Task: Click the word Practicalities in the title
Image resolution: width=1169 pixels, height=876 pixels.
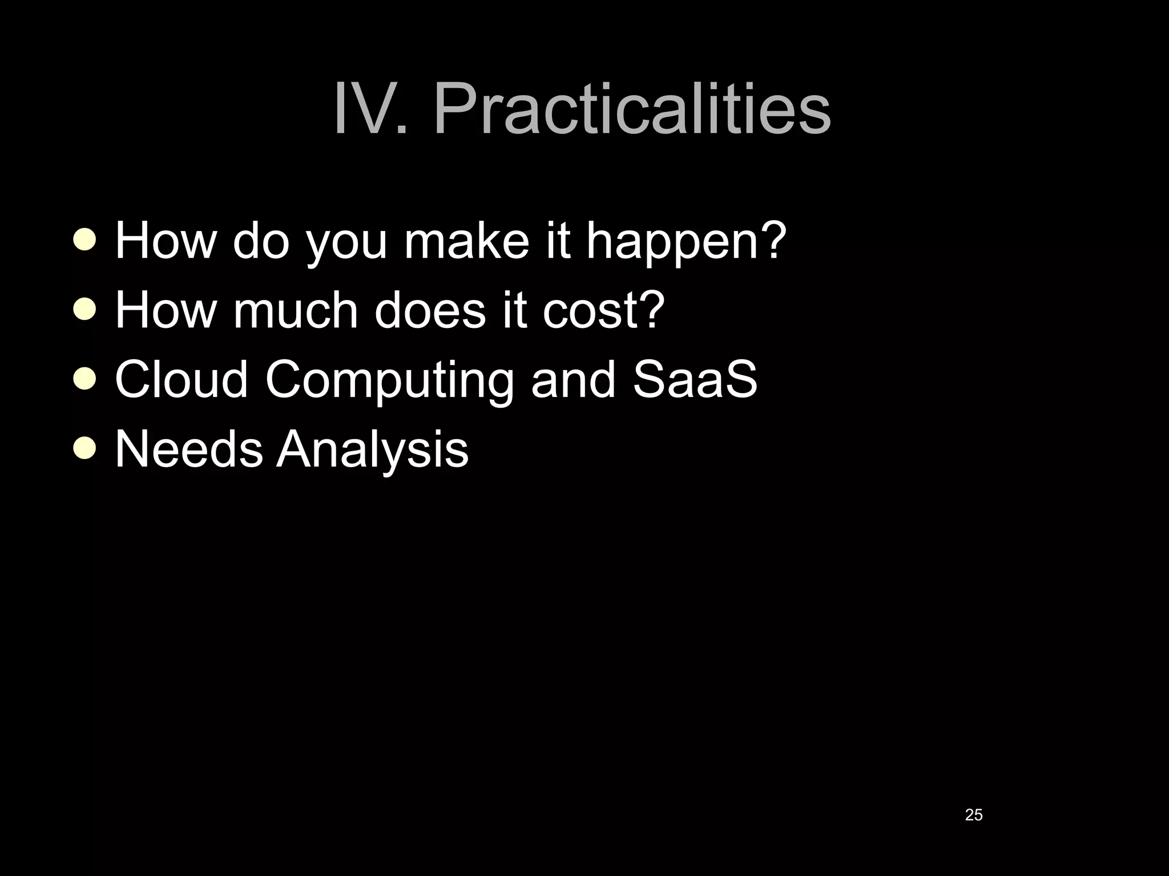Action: [x=632, y=108]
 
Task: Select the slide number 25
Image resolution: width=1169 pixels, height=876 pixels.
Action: [x=973, y=815]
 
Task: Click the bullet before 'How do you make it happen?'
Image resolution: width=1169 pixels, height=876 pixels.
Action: [x=85, y=240]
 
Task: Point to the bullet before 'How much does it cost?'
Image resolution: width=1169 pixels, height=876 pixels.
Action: [x=85, y=310]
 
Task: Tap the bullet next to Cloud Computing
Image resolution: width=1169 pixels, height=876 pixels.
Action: [x=85, y=379]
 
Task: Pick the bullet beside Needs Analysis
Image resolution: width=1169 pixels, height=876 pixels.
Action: [x=85, y=449]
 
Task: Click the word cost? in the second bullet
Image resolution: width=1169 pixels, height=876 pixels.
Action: [x=604, y=310]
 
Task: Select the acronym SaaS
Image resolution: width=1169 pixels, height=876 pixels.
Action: [x=695, y=379]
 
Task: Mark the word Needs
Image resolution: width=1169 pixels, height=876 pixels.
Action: [x=188, y=449]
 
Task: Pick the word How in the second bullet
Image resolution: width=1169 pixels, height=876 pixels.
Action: [x=166, y=310]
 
